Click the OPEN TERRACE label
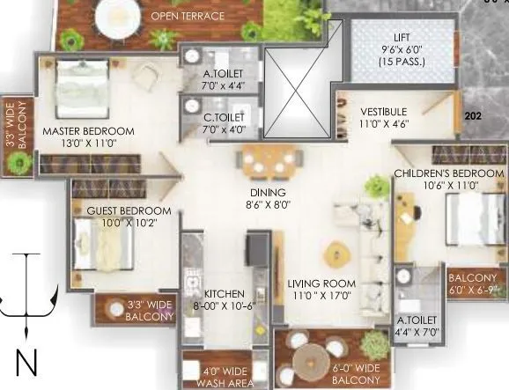pyautogui.click(x=187, y=16)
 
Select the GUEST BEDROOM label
pyautogui.click(x=129, y=211)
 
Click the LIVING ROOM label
pyautogui.click(x=321, y=283)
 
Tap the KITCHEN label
pyautogui.click(x=218, y=293)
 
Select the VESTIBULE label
pyautogui.click(x=383, y=112)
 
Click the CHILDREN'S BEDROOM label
pyautogui.click(x=448, y=173)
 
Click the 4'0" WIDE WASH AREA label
pyautogui.click(x=217, y=378)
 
